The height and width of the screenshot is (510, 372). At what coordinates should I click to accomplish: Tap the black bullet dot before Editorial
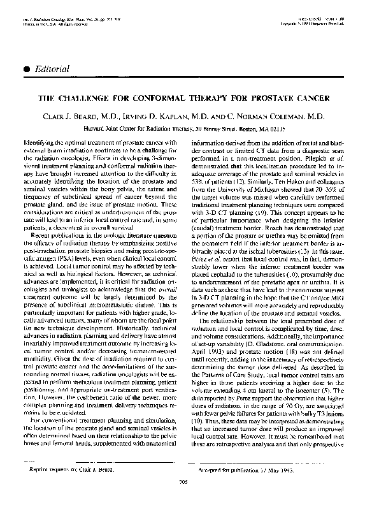[25, 68]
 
